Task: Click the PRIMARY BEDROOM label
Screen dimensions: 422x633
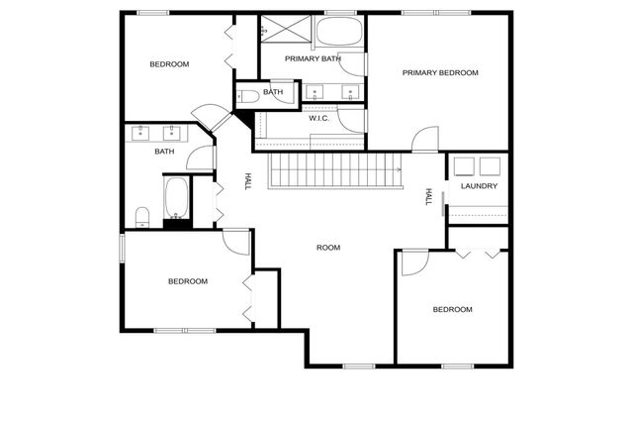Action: [x=440, y=72]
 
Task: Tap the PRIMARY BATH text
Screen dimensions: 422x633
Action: [x=313, y=59]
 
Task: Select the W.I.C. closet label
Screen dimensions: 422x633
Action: [x=318, y=119]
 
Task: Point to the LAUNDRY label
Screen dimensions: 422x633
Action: [x=479, y=186]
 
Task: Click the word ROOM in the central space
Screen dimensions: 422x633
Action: [x=328, y=247]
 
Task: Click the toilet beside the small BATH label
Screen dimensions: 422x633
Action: [x=249, y=96]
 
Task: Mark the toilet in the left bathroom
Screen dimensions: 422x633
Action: [x=142, y=216]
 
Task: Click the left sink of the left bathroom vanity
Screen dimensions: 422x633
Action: [x=140, y=131]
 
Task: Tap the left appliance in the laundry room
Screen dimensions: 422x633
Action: [x=465, y=165]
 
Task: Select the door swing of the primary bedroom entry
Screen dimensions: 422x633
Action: [x=423, y=140]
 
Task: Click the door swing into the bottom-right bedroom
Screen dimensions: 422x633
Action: [x=413, y=261]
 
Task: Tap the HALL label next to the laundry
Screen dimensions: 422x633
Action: [x=429, y=197]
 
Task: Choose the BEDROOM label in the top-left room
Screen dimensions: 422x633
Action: [x=169, y=64]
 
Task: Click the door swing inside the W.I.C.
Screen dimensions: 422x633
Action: [x=351, y=120]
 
